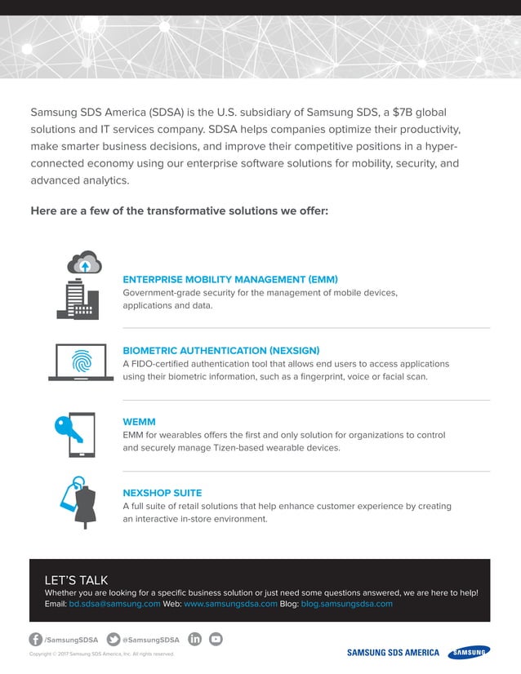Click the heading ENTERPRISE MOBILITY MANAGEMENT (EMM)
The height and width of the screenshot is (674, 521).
click(230, 279)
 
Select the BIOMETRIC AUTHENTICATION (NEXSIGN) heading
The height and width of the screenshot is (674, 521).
click(220, 350)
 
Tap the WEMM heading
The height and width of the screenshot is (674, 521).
click(139, 422)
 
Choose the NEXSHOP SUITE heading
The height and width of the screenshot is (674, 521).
click(163, 493)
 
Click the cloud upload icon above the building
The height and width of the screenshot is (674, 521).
click(84, 263)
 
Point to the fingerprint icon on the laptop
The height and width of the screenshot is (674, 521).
click(81, 361)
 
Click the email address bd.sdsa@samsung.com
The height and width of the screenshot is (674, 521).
click(114, 604)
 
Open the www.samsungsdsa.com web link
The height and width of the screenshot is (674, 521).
click(231, 604)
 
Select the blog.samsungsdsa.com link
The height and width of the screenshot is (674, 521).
click(348, 604)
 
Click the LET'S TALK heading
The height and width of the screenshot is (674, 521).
click(76, 580)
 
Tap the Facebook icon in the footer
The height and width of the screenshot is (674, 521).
click(36, 639)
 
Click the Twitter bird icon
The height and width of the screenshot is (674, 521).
click(114, 639)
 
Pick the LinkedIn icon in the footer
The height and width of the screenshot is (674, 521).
click(195, 639)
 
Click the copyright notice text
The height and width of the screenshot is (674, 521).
click(102, 654)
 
